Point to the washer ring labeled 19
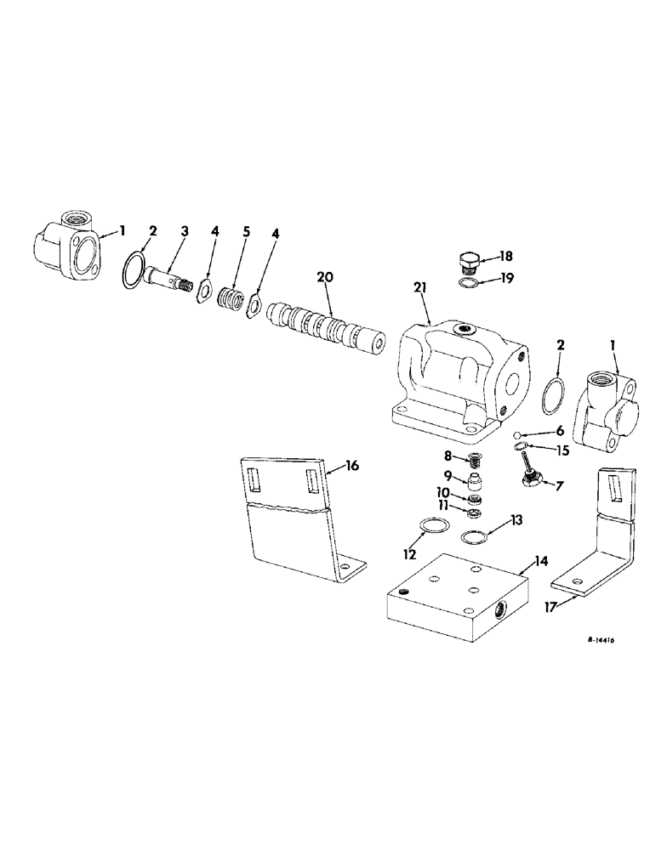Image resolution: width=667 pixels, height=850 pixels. point(466,283)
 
